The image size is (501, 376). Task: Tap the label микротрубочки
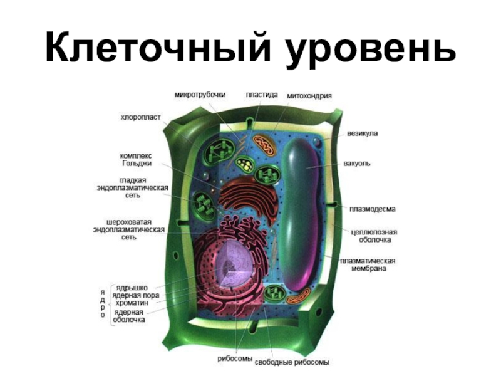click(x=200, y=95)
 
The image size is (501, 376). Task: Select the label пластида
click(x=262, y=95)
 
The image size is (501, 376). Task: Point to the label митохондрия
click(x=309, y=95)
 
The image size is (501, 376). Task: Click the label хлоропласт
click(x=141, y=117)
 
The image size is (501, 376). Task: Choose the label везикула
click(x=363, y=133)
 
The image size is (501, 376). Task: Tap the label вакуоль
click(x=358, y=163)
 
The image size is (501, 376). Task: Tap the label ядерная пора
click(x=136, y=295)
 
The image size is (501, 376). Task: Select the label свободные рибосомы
click(x=295, y=362)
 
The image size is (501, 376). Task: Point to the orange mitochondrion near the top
click(x=265, y=145)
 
